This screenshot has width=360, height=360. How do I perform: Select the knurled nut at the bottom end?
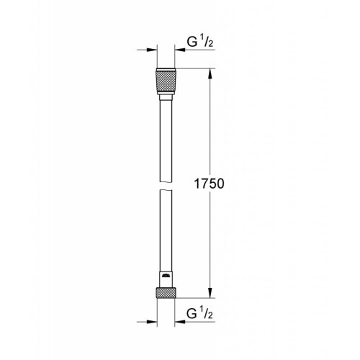click(167, 292)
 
